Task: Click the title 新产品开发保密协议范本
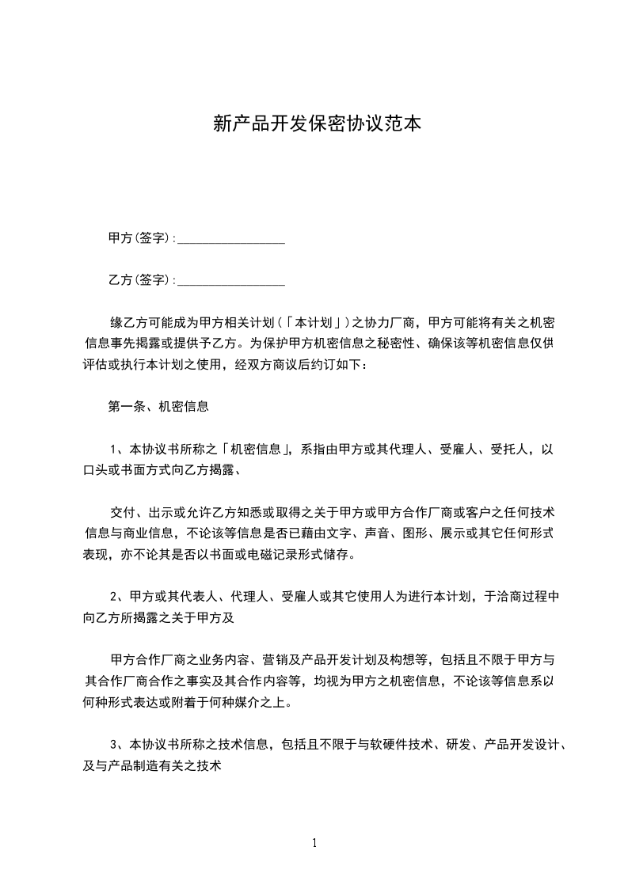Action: click(x=314, y=124)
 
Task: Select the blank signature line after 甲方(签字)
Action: click(x=230, y=239)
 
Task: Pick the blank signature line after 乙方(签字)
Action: click(x=230, y=281)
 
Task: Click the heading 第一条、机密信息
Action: click(x=158, y=407)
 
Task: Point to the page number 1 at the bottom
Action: click(x=314, y=843)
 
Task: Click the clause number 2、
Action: click(x=118, y=595)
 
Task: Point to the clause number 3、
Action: click(x=118, y=744)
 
